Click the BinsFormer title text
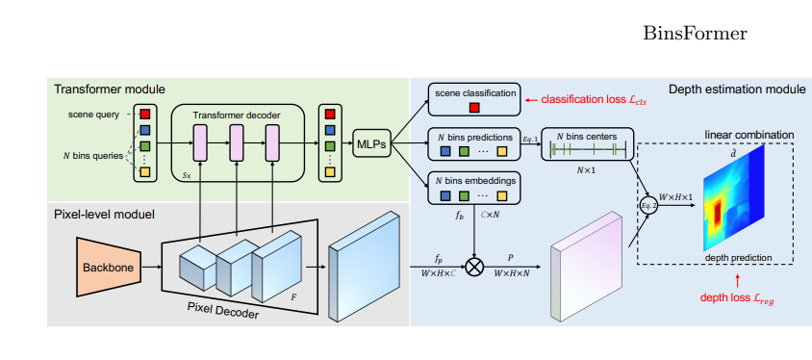click(694, 34)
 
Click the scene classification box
click(474, 98)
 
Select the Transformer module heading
click(110, 90)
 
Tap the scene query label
click(95, 115)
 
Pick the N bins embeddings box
click(474, 189)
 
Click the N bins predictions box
click(474, 144)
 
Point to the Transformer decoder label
click(238, 115)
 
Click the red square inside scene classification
click(474, 105)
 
